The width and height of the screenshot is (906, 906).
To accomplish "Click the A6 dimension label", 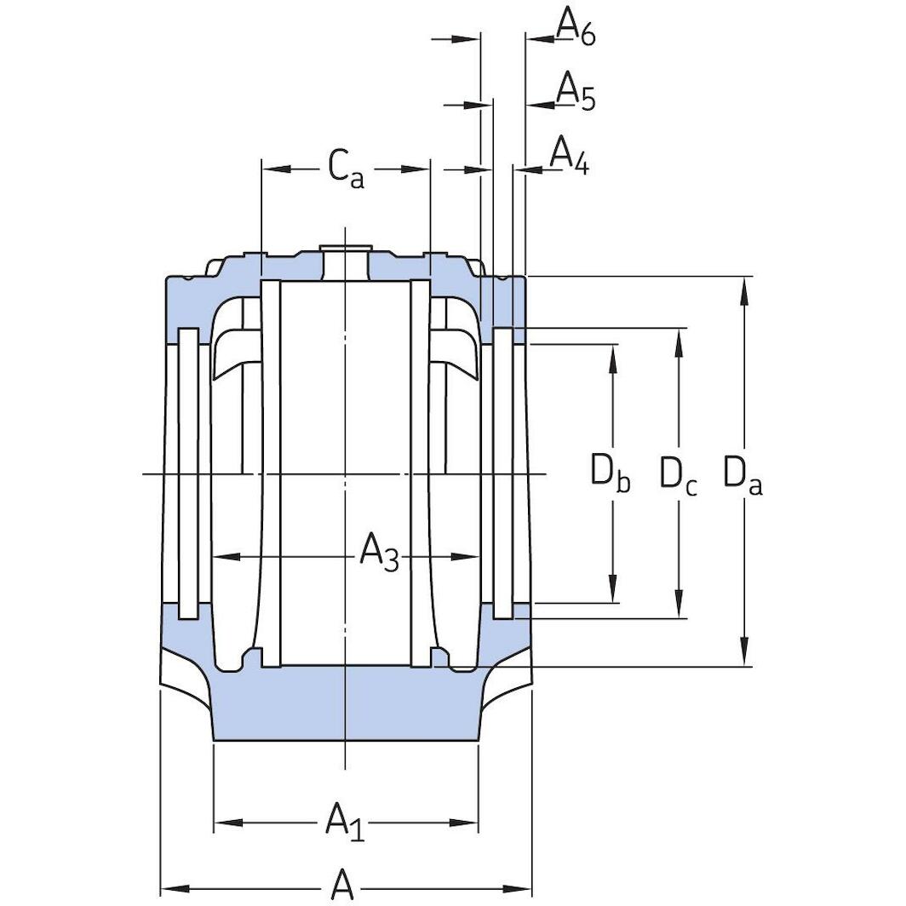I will point(576,27).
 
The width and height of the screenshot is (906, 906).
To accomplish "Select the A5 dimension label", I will point(576,92).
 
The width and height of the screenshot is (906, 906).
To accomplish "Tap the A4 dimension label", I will point(569,156).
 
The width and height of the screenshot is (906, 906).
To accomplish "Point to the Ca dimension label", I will point(346,169).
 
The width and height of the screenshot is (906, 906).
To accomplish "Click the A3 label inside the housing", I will point(378,553).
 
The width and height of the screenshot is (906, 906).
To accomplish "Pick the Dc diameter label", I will point(679,475).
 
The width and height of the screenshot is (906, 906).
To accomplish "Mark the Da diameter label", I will point(743,475).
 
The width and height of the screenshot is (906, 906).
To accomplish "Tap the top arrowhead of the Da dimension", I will point(745,290).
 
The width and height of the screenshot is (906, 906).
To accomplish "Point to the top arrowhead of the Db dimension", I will point(612,358).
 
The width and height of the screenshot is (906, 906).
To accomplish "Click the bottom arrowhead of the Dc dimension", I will point(679,605).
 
